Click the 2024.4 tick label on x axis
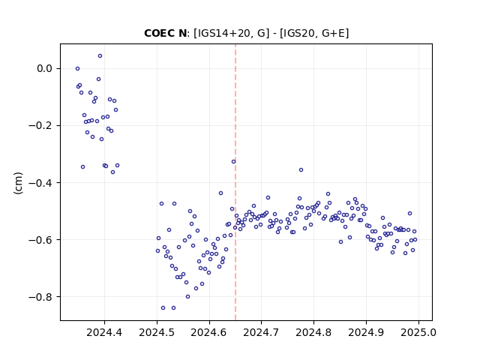(104, 332)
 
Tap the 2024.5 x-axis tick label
(157, 332)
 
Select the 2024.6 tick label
(209, 332)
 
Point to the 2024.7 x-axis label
(261, 332)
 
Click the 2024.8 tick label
(313, 332)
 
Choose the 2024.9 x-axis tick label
(366, 332)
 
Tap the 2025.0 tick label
(418, 332)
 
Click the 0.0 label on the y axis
(45, 68)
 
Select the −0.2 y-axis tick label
(40, 125)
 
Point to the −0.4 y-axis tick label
(40, 183)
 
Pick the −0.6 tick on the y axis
(40, 240)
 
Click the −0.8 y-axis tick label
(40, 297)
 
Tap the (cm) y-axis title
(18, 183)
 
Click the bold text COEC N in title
(165, 33)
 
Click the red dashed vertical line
(235, 182)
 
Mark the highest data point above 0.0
(100, 56)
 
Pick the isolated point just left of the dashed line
(233, 162)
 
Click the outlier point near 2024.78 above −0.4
(301, 170)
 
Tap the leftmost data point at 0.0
(77, 68)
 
